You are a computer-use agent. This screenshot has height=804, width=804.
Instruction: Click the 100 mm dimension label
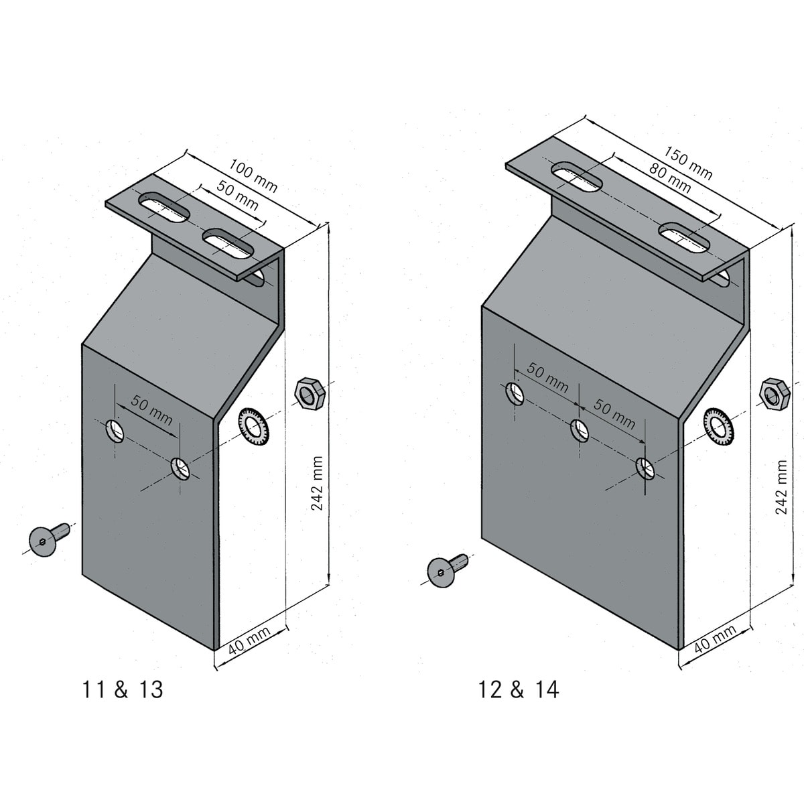point(253,176)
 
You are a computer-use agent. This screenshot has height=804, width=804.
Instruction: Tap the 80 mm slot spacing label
point(669,178)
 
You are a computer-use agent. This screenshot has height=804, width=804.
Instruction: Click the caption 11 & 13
point(122,689)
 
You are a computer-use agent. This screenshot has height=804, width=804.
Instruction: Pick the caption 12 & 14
point(519,689)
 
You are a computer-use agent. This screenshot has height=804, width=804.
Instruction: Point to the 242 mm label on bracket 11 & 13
point(318,483)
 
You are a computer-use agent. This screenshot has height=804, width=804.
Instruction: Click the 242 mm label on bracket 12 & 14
point(781,486)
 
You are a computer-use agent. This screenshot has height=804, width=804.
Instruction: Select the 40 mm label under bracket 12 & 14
point(714,639)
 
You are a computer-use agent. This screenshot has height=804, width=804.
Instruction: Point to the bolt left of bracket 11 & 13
point(47,539)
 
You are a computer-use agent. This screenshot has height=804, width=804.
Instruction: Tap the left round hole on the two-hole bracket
point(115,430)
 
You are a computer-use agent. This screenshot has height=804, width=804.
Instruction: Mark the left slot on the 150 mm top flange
point(576,176)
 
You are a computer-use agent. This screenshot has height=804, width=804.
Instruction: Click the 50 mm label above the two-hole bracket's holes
point(151,411)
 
